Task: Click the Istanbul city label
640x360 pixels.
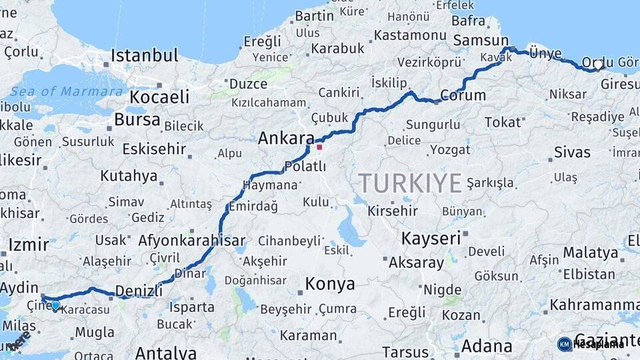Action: click(145, 55)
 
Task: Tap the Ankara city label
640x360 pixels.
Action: click(286, 139)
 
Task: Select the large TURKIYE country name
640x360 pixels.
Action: click(410, 183)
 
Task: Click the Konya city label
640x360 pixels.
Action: click(330, 285)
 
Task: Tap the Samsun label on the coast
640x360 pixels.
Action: click(481, 40)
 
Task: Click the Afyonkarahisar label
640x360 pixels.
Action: click(192, 241)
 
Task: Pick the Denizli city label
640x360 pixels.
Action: click(139, 291)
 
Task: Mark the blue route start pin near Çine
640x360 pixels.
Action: click(55, 305)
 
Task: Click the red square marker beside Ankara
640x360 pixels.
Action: click(319, 147)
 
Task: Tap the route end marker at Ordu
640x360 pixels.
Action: click(599, 65)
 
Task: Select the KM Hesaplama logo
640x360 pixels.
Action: click(591, 344)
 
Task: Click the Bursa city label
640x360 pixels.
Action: click(137, 120)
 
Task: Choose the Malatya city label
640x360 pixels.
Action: click(591, 253)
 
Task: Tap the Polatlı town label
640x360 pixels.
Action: click(305, 166)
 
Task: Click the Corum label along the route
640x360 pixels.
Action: click(463, 95)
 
